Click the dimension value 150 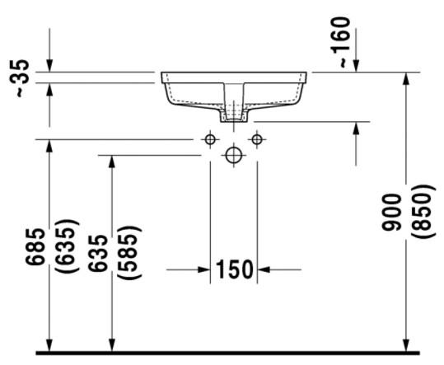[234, 269]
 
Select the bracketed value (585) [129, 251]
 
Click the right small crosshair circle [257, 139]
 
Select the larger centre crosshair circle [234, 154]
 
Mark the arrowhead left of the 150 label [204, 269]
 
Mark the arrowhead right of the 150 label [264, 269]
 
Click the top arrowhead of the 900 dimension [406, 78]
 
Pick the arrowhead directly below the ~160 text [356, 66]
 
